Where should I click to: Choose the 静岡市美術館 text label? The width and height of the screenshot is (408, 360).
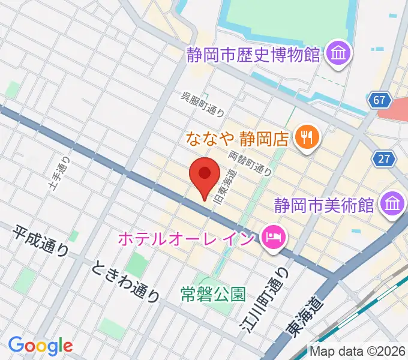click(x=324, y=205)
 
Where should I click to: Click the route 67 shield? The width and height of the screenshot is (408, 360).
click(x=380, y=100)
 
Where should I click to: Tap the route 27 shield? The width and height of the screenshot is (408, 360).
click(x=383, y=159)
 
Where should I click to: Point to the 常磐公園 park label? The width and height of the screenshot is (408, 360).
click(x=214, y=295)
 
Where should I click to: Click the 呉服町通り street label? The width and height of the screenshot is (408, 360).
click(x=204, y=104)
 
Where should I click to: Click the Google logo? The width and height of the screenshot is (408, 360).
click(x=40, y=346)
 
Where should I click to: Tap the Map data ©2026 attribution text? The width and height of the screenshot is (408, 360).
click(x=357, y=350)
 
